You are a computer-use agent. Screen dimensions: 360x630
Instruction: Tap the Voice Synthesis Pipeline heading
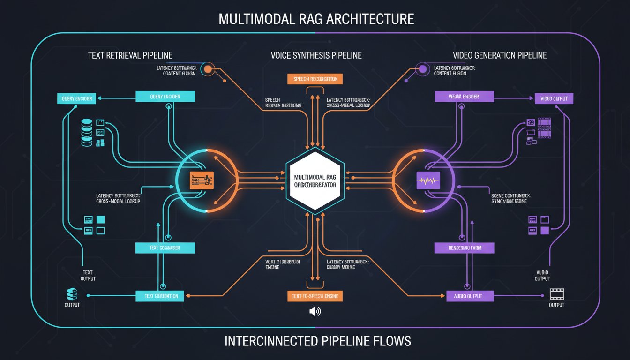[316, 55]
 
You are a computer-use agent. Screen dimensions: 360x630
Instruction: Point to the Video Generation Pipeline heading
[500, 55]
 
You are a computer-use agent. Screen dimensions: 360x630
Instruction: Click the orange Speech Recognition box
[315, 79]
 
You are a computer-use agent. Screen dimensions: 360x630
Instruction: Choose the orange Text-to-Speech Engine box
[315, 296]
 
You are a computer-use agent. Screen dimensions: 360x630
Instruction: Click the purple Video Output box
[554, 98]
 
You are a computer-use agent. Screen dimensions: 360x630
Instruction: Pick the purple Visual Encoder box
[464, 97]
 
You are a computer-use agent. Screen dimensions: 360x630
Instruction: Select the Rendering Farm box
[464, 248]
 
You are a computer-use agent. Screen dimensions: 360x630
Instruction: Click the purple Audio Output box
[467, 296]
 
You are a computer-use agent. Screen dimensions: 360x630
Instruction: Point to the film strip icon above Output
[556, 294]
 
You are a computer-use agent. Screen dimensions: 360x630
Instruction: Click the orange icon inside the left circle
[202, 180]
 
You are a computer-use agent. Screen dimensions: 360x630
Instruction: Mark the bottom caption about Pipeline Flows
[318, 341]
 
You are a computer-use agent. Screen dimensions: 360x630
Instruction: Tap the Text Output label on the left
[88, 276]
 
